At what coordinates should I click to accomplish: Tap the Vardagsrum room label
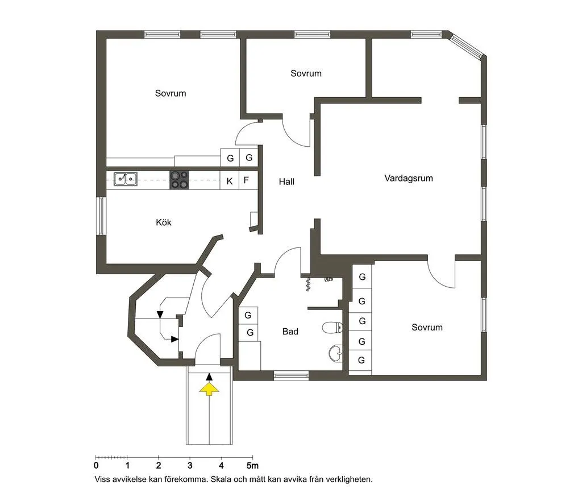409,178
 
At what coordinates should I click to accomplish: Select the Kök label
164,222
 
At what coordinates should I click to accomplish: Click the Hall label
286,182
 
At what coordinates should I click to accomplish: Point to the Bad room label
290,332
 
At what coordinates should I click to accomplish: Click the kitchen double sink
125,179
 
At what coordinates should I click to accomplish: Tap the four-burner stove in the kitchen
180,180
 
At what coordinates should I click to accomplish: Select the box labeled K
229,181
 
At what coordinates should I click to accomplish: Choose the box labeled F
246,181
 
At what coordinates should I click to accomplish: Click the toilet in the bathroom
331,328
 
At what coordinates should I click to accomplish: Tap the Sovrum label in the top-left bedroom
171,93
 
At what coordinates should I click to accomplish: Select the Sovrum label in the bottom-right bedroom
427,328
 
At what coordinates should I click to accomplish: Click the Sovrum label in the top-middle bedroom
306,73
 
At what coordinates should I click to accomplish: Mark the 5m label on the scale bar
252,468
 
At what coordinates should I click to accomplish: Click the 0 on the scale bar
96,468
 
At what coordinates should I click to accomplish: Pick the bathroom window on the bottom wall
291,375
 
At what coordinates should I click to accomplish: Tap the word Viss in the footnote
105,480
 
